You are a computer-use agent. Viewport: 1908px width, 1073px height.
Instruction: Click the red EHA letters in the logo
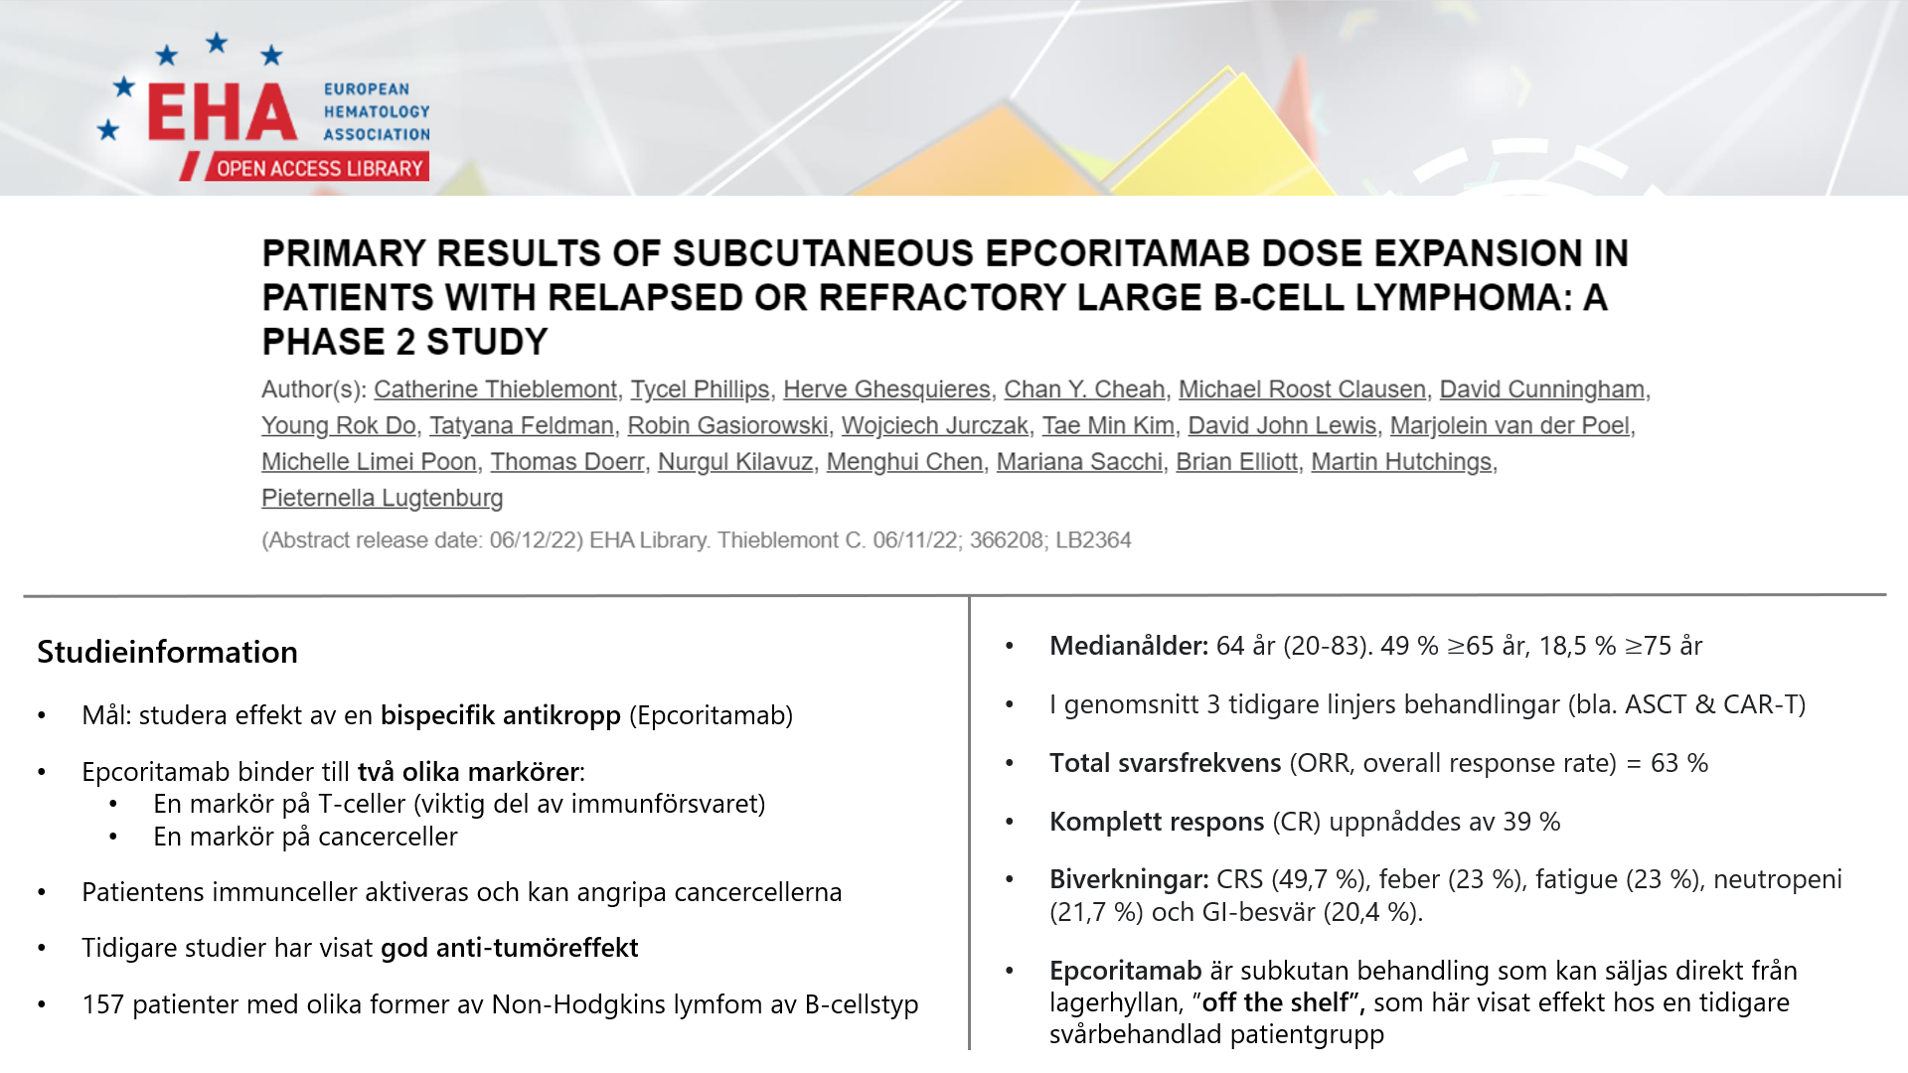click(223, 112)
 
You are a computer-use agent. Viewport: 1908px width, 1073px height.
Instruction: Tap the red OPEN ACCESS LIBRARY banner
click(318, 168)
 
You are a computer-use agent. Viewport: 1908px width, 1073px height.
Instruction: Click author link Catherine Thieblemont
click(495, 389)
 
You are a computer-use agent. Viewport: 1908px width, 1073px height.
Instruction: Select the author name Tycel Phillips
click(700, 389)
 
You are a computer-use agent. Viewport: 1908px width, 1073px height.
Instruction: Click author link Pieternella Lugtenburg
click(383, 498)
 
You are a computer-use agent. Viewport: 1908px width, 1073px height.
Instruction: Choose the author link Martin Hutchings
click(1401, 462)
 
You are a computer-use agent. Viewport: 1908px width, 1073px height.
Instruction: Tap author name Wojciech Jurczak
click(935, 425)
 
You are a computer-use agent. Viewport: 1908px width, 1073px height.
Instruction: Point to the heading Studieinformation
click(168, 652)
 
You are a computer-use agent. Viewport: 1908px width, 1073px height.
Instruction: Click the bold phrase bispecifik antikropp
click(501, 715)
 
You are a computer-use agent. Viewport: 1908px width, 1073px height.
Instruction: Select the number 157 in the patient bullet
click(102, 1004)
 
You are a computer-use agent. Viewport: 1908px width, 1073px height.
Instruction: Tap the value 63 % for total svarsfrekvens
click(1679, 763)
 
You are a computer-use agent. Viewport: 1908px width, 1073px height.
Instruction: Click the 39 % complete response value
click(1531, 822)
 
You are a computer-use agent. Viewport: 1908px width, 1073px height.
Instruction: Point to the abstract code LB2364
click(1093, 540)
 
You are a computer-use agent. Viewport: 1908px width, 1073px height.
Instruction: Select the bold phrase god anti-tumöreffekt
click(510, 948)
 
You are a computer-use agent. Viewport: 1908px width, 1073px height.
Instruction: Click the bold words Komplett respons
click(1157, 822)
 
